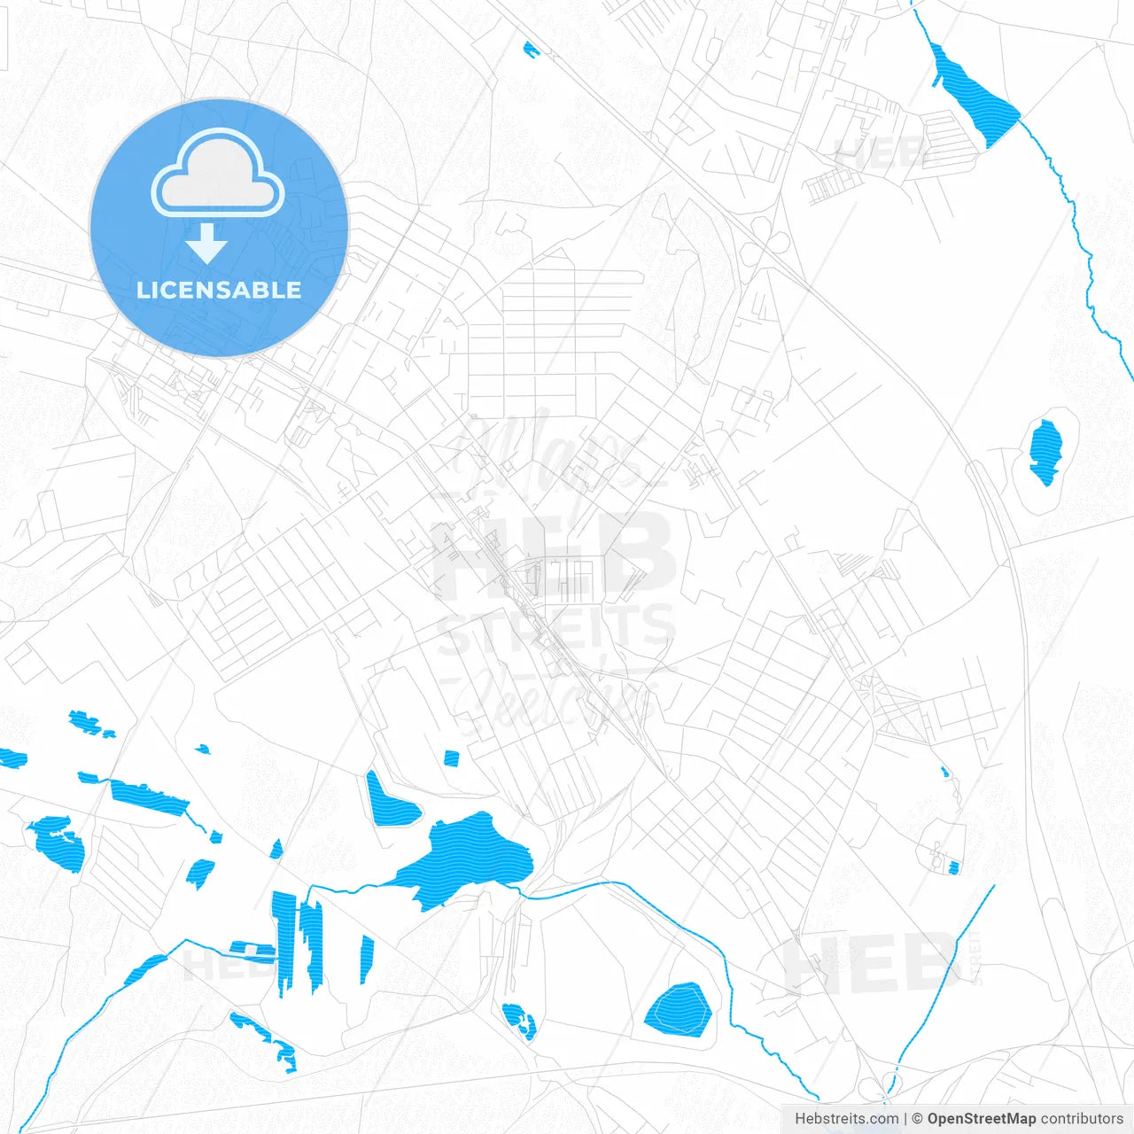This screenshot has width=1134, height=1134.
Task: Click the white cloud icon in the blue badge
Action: (x=218, y=174)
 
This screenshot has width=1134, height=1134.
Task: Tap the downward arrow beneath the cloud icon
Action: (x=207, y=243)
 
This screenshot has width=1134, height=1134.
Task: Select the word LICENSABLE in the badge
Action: (x=219, y=290)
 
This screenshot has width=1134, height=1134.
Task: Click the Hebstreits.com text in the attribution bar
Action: (x=847, y=1119)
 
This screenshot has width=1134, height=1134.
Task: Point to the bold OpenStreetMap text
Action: (x=981, y=1119)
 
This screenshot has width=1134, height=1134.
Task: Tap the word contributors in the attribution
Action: (x=1081, y=1119)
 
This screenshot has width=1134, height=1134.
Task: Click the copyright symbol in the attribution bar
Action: (x=918, y=1119)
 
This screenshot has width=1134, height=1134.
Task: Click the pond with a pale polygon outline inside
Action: (x=679, y=1010)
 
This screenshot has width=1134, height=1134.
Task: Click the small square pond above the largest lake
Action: (x=452, y=757)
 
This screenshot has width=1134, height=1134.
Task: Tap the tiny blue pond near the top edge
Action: (x=531, y=49)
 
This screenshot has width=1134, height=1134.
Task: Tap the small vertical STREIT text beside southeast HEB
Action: (x=976, y=957)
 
